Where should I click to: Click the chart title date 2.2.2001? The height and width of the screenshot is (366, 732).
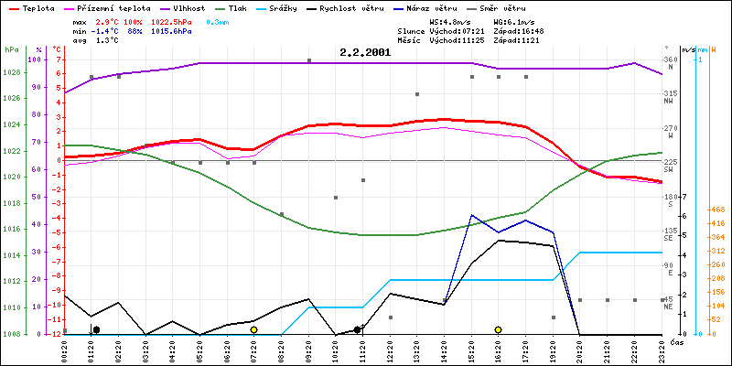[x=364, y=52]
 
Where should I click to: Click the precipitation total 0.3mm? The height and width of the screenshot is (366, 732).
[x=218, y=21]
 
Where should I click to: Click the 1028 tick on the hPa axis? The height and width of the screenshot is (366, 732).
[x=12, y=71]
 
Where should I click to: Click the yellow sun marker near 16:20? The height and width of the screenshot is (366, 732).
[x=498, y=329]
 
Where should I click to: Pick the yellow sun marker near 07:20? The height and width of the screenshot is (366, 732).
[x=253, y=329]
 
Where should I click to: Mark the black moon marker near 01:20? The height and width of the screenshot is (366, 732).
[x=96, y=329]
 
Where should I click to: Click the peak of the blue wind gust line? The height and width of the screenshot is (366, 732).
[x=471, y=215]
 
